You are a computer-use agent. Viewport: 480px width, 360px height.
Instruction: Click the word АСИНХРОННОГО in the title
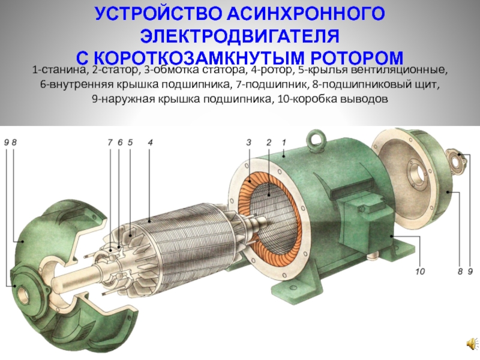306,14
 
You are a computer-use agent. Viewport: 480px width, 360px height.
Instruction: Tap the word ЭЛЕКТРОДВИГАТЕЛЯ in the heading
239,37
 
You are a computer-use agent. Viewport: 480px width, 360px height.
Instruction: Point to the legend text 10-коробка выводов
333,99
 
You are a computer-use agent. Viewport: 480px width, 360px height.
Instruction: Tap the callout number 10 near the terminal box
420,271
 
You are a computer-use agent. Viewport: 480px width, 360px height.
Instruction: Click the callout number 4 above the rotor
150,142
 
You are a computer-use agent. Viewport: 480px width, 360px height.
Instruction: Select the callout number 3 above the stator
248,142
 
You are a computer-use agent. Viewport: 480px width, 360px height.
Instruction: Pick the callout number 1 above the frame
284,142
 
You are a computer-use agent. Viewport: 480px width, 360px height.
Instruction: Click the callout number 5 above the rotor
130,142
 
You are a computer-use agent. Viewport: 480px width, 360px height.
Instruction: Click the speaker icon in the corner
472,344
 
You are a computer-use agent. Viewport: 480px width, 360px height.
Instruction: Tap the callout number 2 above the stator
269,142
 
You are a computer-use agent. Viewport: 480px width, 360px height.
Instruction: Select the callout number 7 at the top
110,142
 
